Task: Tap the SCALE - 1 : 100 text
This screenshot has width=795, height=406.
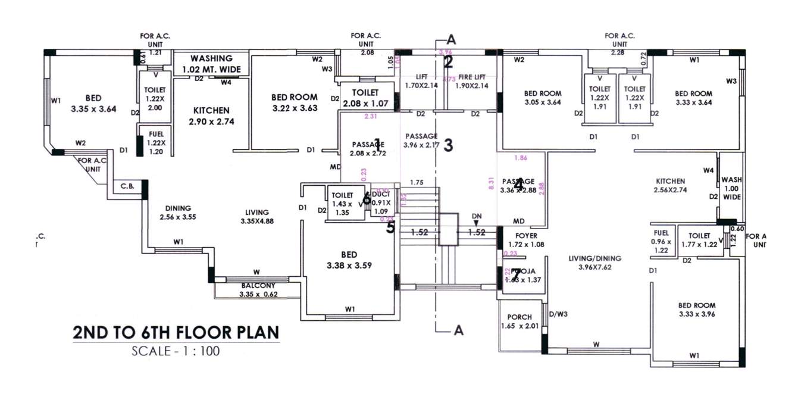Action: point(176,351)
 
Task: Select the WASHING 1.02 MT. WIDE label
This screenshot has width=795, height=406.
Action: point(211,64)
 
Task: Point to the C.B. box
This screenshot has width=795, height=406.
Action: point(127,186)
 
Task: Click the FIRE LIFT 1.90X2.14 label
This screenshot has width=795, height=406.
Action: point(473,81)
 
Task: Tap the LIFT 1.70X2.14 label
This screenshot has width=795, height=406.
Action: point(421,81)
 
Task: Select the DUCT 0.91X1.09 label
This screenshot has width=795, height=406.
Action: point(380,202)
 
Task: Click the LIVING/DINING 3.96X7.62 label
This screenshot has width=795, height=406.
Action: point(594,263)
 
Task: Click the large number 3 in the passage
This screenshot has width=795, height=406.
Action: point(449,145)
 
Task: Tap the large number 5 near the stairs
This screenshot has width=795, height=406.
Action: point(390,227)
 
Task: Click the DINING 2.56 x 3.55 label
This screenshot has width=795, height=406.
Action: point(178,213)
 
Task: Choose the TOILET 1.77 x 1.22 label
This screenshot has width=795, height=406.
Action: point(699,240)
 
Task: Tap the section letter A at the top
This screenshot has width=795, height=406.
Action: point(451,40)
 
